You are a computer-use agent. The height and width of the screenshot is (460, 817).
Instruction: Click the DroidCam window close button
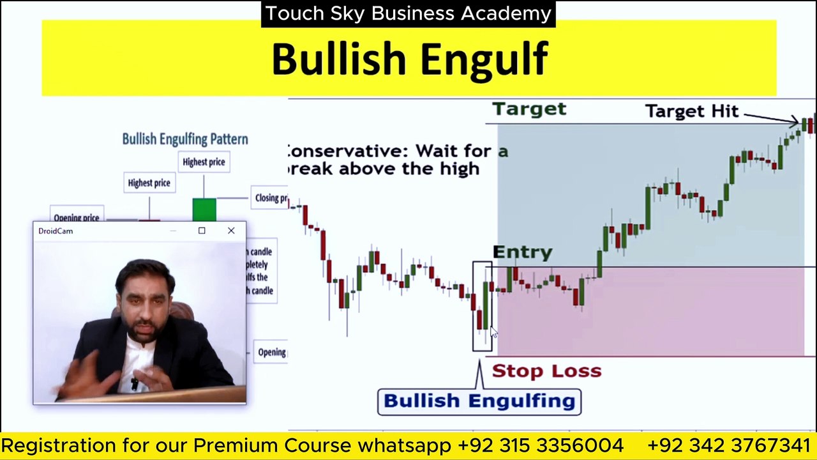231,231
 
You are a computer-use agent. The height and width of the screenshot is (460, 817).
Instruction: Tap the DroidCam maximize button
202,231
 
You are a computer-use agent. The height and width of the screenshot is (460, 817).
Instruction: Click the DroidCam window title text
56,231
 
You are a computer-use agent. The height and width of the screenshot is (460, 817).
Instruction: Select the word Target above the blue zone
529,109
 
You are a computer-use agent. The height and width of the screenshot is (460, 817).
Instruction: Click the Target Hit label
691,111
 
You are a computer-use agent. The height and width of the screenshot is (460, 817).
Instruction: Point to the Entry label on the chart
522,252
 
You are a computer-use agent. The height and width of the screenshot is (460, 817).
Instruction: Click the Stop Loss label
546,371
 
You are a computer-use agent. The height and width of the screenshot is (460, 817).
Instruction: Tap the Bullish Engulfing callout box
479,401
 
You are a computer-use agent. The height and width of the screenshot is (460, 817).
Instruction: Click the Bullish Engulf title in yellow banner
409,59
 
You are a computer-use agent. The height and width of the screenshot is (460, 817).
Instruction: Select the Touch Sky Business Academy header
408,13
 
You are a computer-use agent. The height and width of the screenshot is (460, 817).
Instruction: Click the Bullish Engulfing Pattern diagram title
185,139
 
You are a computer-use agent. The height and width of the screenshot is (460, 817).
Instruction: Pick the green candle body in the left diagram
204,210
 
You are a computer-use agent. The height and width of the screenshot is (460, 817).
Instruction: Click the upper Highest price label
204,162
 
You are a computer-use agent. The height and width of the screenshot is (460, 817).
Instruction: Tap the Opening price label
76,218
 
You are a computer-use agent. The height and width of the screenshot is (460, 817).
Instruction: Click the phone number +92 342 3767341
728,445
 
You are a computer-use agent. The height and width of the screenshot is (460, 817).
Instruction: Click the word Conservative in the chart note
345,151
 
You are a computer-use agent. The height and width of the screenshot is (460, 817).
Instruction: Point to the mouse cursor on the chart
493,332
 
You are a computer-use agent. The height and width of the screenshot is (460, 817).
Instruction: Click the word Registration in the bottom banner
59,445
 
